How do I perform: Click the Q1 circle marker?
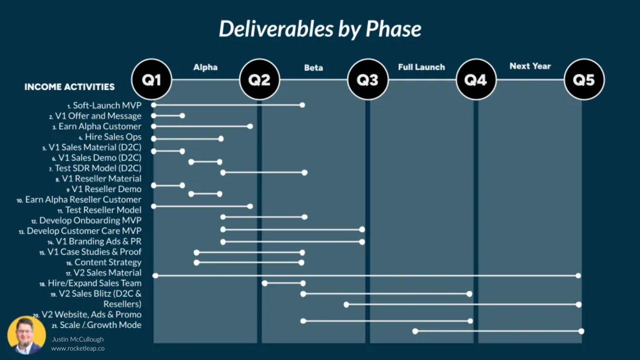[151, 79]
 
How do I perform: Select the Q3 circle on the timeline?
[367, 79]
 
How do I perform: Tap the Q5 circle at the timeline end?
[584, 79]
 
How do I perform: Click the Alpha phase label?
[205, 67]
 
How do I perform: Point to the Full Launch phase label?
[421, 67]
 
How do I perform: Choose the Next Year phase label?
[530, 66]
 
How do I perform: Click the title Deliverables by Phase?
[320, 29]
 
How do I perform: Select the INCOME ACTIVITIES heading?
[69, 87]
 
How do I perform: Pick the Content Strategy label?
[107, 262]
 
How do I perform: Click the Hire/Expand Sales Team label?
[94, 283]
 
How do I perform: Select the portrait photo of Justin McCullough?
[26, 335]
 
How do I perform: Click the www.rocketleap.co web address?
[78, 348]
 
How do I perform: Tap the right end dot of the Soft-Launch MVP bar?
[302, 105]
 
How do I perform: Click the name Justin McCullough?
[78, 339]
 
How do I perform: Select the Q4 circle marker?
[476, 79]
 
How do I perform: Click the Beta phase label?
[313, 67]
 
